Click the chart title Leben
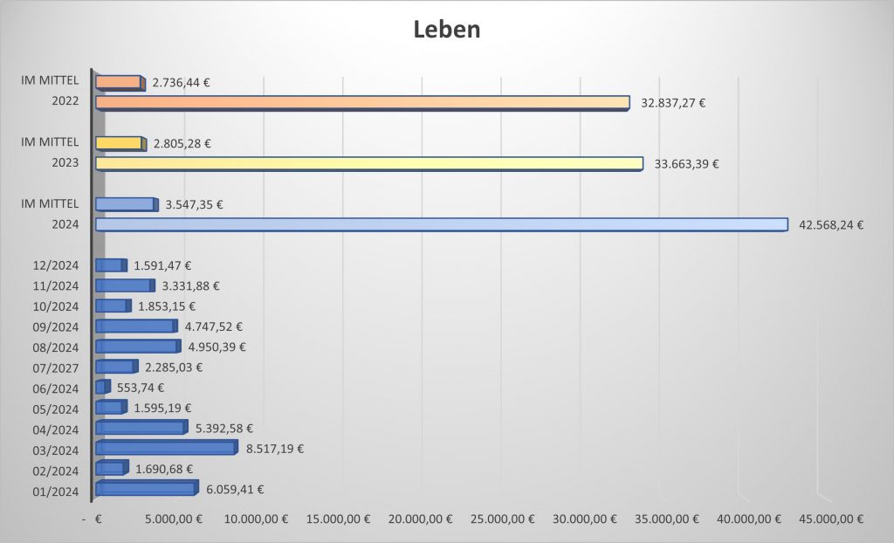click(x=446, y=30)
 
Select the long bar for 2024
click(x=441, y=224)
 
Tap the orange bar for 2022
click(x=361, y=102)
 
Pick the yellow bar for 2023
click(x=368, y=163)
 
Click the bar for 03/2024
click(x=165, y=447)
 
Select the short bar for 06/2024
click(x=101, y=386)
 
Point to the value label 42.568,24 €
click(x=831, y=225)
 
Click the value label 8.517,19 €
click(x=275, y=449)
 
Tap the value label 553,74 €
click(x=141, y=388)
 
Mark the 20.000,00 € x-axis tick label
click(x=419, y=519)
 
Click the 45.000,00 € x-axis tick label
click(x=830, y=519)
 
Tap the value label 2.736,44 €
click(x=181, y=83)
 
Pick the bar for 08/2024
click(x=137, y=346)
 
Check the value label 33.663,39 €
click(x=686, y=164)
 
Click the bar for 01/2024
click(x=146, y=488)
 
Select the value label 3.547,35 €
click(x=194, y=205)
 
